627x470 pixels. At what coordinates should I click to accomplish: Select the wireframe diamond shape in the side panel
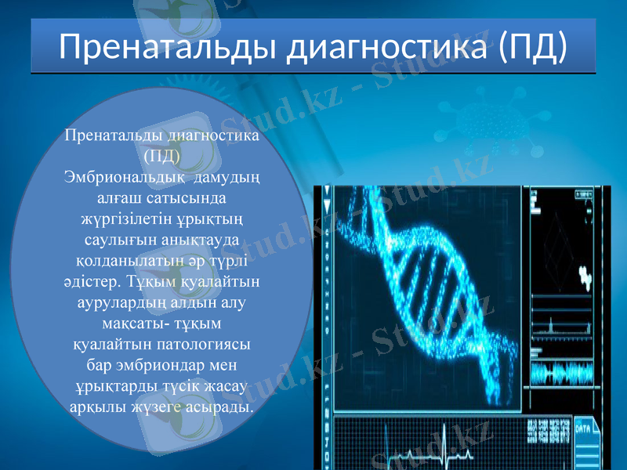(558, 234)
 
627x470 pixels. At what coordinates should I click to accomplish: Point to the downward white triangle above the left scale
(326, 190)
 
